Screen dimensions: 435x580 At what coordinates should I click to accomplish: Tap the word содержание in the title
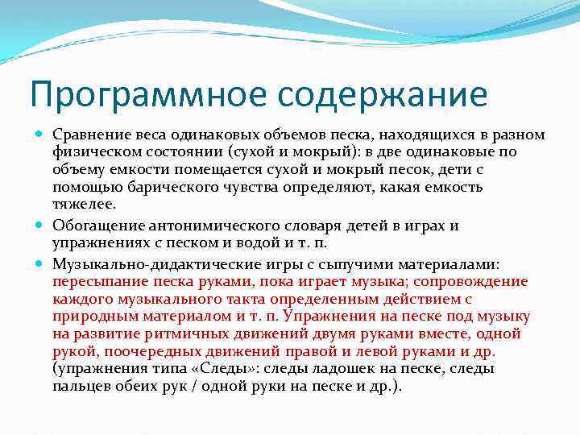(x=384, y=94)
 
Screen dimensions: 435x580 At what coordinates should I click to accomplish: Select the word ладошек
(x=330, y=369)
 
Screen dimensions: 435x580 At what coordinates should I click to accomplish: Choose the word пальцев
(x=83, y=387)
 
